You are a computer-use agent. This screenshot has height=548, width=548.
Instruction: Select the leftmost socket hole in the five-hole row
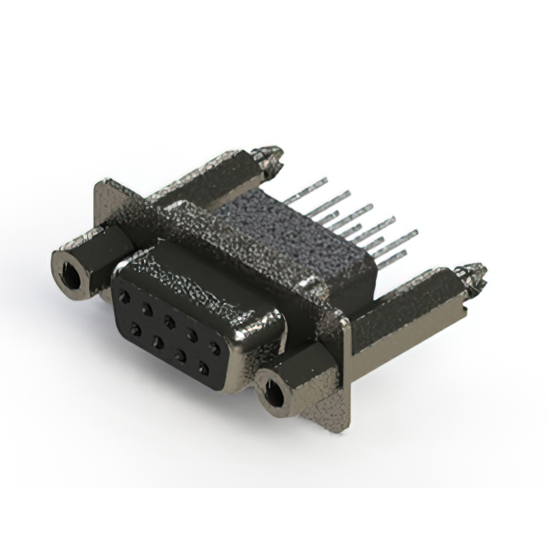126,296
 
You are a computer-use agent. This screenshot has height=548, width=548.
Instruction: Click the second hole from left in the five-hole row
147,307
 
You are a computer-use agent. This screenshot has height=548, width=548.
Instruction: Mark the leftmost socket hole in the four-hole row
134,328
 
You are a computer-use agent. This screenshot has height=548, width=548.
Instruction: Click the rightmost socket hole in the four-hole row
203,368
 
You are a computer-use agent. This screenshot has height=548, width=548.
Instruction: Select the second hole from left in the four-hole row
157,341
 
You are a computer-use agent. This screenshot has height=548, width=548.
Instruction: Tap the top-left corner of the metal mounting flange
103,184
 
